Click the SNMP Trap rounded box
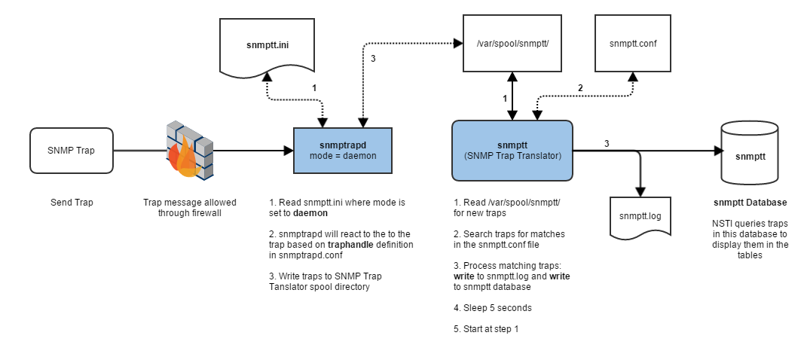(72, 150)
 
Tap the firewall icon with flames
(189, 150)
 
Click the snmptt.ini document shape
(267, 46)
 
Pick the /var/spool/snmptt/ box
(512, 43)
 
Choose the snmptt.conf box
(632, 43)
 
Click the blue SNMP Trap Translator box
(512, 150)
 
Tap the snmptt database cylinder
(750, 153)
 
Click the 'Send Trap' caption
(72, 202)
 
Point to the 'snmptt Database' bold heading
(750, 202)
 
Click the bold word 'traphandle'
(329, 244)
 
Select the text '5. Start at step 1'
(486, 328)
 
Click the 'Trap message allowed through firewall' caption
(189, 207)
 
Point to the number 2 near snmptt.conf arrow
(580, 88)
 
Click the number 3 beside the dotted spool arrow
(373, 59)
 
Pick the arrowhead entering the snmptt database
(719, 151)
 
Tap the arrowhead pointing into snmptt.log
(640, 193)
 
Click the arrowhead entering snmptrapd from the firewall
(288, 151)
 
